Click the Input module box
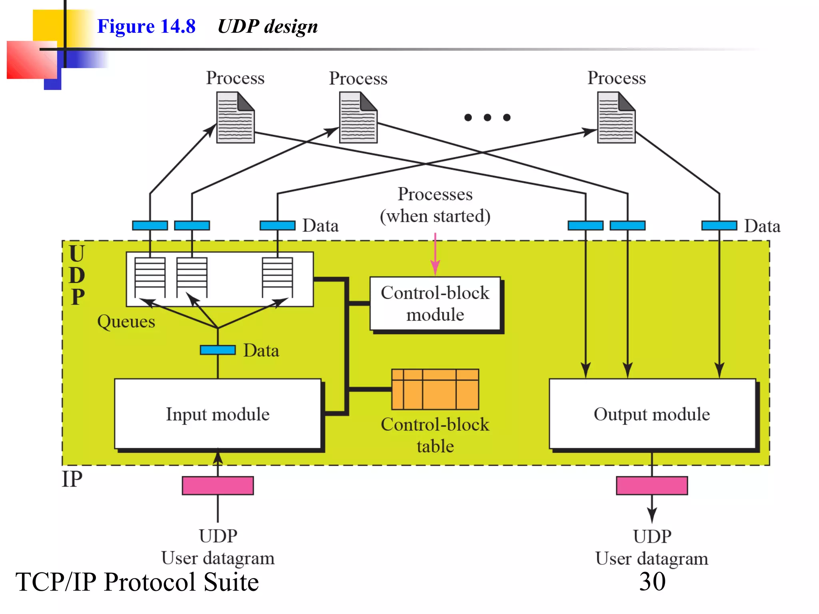click(x=218, y=414)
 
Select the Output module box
click(x=652, y=414)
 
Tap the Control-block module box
click(x=435, y=304)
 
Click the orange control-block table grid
click(x=435, y=389)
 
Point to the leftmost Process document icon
click(x=235, y=118)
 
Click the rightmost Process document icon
click(x=616, y=118)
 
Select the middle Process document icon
click(x=358, y=118)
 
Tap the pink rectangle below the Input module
click(x=218, y=485)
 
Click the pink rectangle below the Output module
click(x=652, y=485)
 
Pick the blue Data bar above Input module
click(x=218, y=350)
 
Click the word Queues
click(x=126, y=321)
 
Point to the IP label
click(x=72, y=479)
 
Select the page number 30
click(x=652, y=581)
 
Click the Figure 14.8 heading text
click(x=146, y=26)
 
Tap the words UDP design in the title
click(x=268, y=26)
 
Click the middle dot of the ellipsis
click(x=487, y=117)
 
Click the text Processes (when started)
click(x=435, y=205)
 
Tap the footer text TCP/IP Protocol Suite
click(x=137, y=582)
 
